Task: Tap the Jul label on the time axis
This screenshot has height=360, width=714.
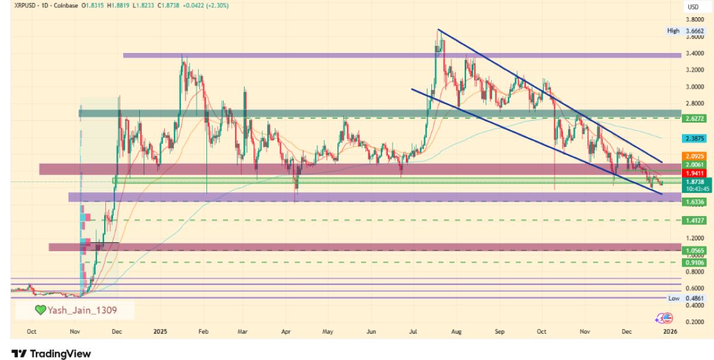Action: (414, 331)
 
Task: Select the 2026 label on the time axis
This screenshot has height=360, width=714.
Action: (670, 331)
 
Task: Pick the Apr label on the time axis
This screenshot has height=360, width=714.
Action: (286, 331)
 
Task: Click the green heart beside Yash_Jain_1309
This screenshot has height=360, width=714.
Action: (40, 310)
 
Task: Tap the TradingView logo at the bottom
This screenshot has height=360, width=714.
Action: (51, 353)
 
